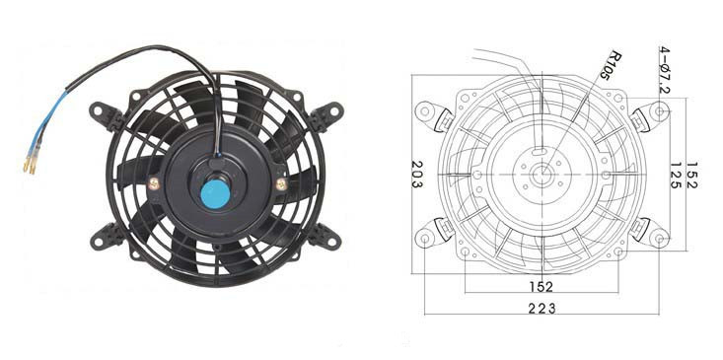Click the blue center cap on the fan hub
[215, 193]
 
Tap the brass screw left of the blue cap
[154, 184]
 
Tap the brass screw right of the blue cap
[281, 184]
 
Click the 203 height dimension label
[417, 174]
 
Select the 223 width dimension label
[542, 308]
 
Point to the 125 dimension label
[677, 176]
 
